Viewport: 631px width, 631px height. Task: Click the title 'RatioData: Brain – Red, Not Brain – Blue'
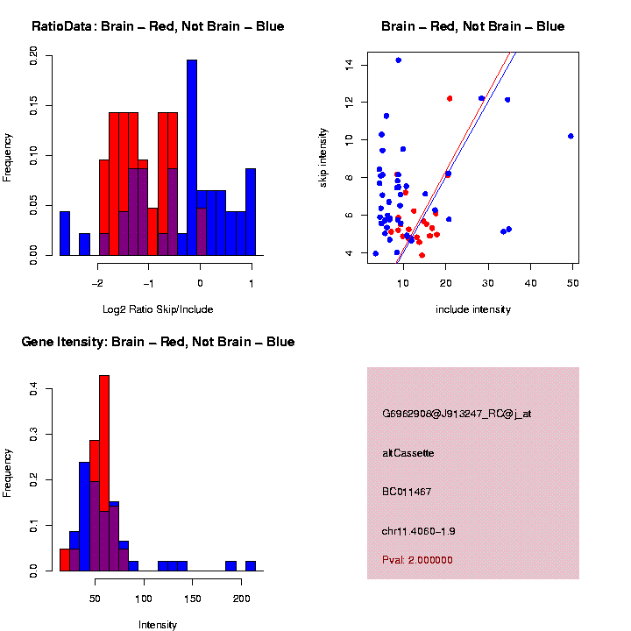[158, 26]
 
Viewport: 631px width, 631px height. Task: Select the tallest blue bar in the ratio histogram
[192, 158]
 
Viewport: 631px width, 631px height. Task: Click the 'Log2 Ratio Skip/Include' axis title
[158, 308]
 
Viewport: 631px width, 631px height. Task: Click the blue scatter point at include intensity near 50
[571, 136]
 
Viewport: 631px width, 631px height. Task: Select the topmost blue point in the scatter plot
[399, 60]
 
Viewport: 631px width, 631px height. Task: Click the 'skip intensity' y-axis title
[323, 156]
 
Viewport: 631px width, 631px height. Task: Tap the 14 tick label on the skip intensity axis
[349, 64]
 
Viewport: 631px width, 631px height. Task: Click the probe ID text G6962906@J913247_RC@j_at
[457, 414]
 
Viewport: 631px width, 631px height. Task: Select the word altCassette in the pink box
[408, 453]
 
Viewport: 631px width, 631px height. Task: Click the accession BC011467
[407, 492]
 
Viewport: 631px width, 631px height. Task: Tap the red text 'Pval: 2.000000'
[417, 559]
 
